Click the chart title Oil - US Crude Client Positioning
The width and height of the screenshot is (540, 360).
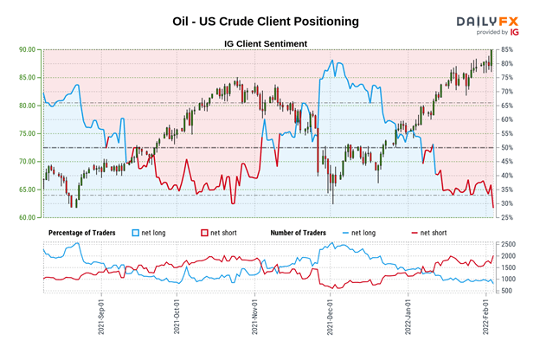coord(269,20)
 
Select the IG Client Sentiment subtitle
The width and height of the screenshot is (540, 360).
coord(269,42)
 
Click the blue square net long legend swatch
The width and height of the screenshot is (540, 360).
coord(135,233)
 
